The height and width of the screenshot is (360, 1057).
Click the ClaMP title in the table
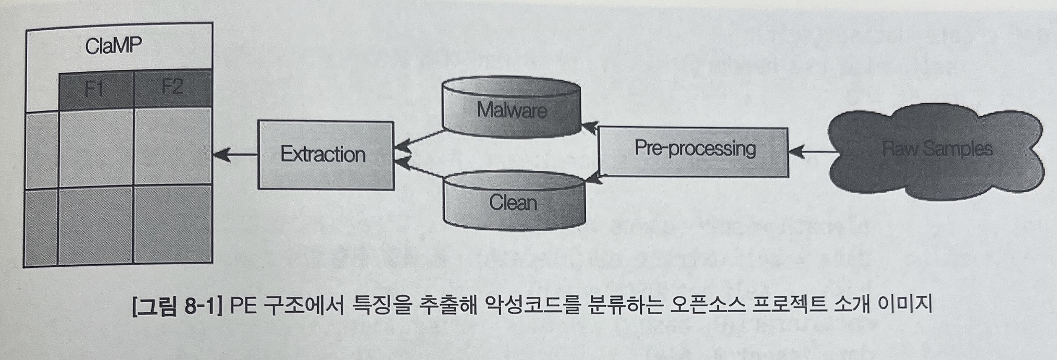(x=113, y=46)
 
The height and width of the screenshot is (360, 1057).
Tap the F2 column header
(x=172, y=86)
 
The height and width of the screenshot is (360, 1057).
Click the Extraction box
(x=325, y=155)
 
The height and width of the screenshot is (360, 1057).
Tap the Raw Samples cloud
(x=936, y=149)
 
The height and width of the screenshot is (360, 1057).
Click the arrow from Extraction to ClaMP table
(x=235, y=155)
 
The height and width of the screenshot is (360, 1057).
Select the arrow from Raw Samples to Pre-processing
(x=813, y=152)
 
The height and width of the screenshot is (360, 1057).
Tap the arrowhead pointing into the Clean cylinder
(x=593, y=179)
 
